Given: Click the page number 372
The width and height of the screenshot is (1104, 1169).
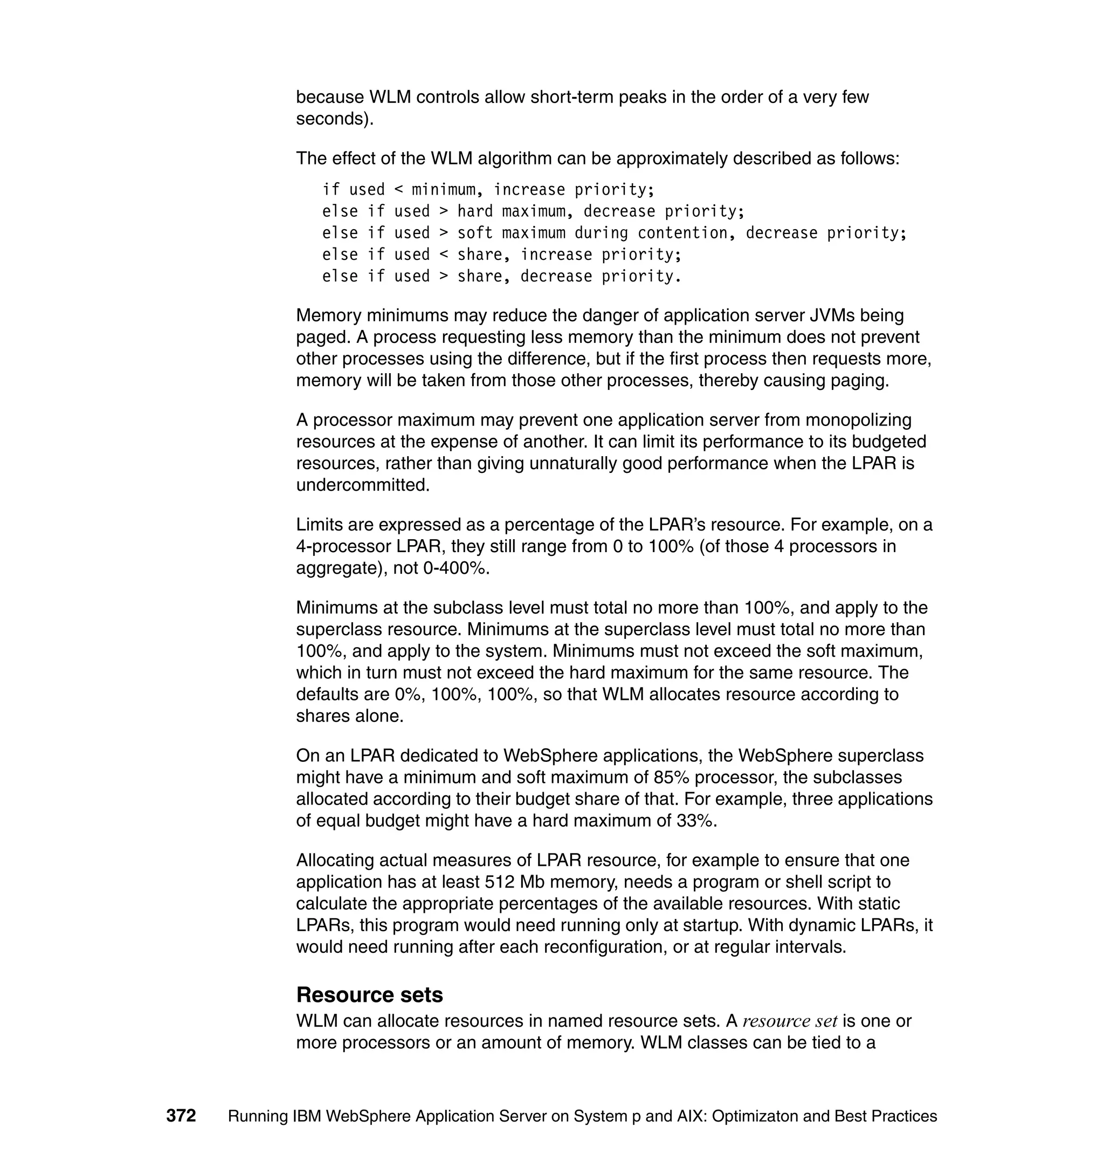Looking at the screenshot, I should point(181,1116).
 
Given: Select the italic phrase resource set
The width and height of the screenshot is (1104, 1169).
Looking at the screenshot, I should point(789,1021).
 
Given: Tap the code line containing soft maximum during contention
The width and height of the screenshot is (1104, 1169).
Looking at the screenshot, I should point(614,233).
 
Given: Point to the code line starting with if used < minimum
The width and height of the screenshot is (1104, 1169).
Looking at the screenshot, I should point(488,190).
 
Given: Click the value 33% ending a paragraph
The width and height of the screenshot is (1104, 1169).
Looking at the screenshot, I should point(696,821).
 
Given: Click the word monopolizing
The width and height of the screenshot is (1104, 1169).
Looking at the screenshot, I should point(858,420).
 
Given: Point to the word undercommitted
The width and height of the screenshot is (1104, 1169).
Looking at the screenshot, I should point(362,485).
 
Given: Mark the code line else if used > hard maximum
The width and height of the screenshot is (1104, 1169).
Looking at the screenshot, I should point(533,211).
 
